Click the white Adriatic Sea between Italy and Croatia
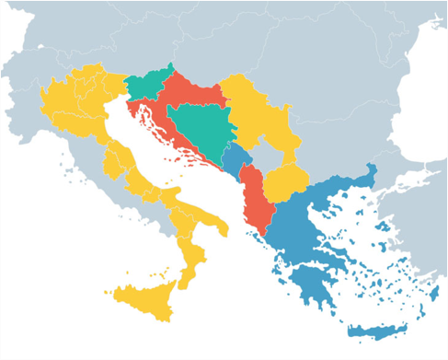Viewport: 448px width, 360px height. [x=156, y=152]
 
